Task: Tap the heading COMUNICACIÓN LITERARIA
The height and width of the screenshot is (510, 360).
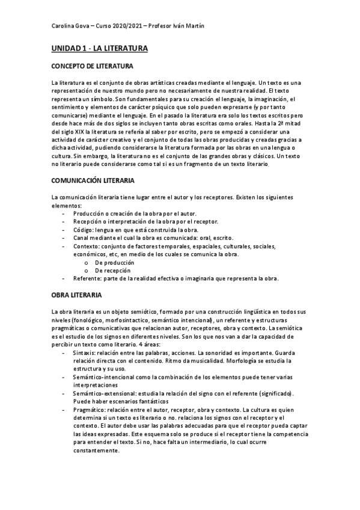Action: (x=93, y=180)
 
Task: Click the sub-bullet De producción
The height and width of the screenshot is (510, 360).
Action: (x=114, y=262)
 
